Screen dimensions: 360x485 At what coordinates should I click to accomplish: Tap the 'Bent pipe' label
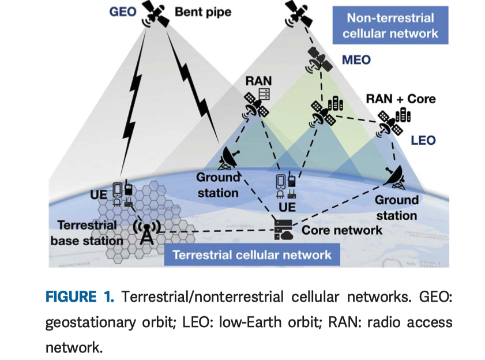[202, 12]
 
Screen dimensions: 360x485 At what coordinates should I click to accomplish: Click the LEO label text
[423, 140]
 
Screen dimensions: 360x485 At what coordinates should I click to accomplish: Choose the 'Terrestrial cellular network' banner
[253, 254]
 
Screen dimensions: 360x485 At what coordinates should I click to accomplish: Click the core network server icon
[283, 229]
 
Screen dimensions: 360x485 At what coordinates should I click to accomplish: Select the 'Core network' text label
[342, 230]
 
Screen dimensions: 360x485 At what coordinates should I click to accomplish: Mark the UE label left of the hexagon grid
[99, 194]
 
